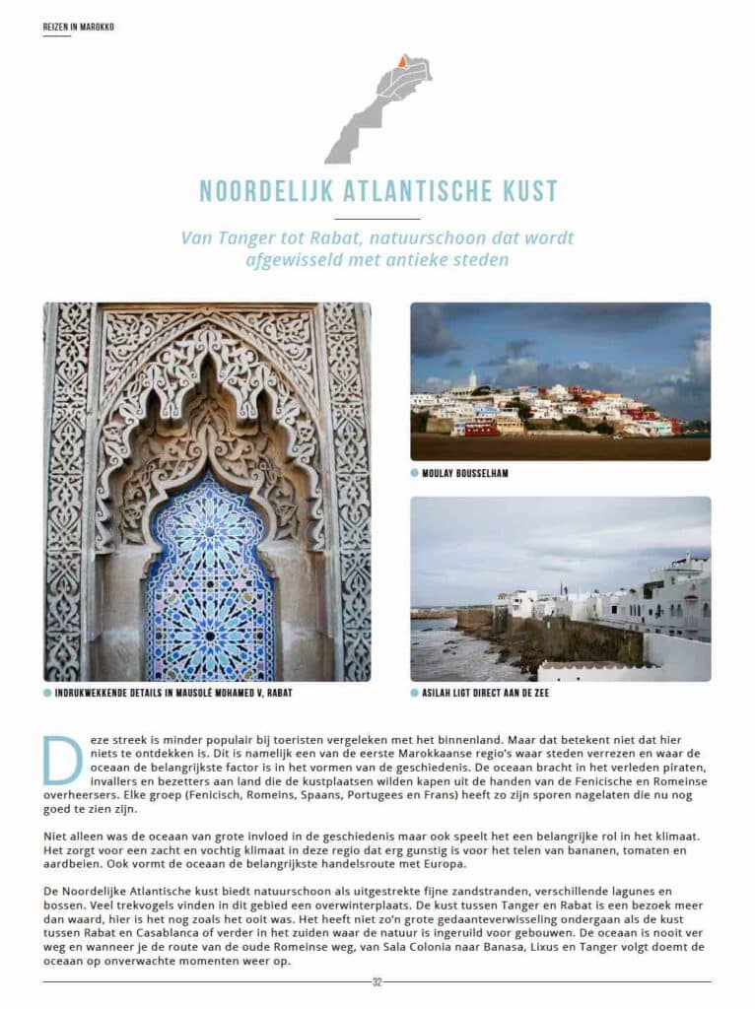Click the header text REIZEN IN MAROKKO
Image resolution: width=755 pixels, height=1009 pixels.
[78, 27]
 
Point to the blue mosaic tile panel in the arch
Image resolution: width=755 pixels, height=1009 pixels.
[209, 591]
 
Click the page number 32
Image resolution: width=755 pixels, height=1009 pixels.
[377, 981]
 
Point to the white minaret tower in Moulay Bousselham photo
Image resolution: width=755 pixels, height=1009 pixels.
[472, 380]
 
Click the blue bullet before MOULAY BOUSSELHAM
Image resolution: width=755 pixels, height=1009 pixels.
[415, 473]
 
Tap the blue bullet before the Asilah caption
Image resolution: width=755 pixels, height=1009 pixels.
[415, 693]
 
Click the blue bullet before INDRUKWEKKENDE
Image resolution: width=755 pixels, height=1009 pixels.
[47, 693]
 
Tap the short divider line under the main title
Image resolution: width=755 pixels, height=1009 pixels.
[377, 218]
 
